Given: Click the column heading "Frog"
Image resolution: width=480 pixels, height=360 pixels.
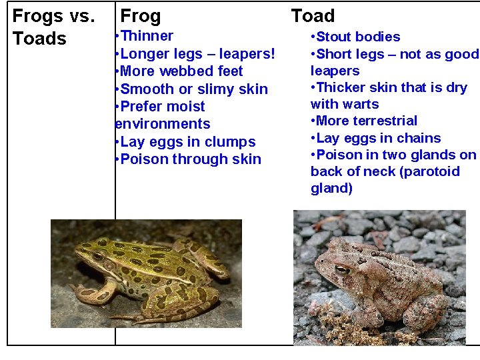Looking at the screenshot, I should (x=140, y=16).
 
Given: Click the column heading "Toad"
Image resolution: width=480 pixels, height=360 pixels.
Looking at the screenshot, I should (x=313, y=15).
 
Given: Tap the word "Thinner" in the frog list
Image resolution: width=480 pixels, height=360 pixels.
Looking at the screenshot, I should (x=147, y=36).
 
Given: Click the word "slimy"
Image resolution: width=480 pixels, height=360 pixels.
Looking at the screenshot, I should (x=224, y=89).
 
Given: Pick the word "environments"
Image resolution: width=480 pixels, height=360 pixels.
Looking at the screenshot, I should (x=163, y=124).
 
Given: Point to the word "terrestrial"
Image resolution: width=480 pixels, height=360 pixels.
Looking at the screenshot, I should (x=389, y=121).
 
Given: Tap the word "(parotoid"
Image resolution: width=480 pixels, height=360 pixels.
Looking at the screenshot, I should (x=427, y=171).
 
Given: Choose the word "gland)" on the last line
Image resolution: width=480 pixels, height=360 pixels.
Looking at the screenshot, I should (x=331, y=188).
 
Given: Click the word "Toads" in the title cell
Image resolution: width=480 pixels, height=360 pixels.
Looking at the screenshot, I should (x=40, y=39).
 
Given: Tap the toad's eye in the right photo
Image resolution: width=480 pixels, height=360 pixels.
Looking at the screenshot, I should (x=341, y=269).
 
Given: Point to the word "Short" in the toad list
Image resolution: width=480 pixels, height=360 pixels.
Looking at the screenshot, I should (x=336, y=54).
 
